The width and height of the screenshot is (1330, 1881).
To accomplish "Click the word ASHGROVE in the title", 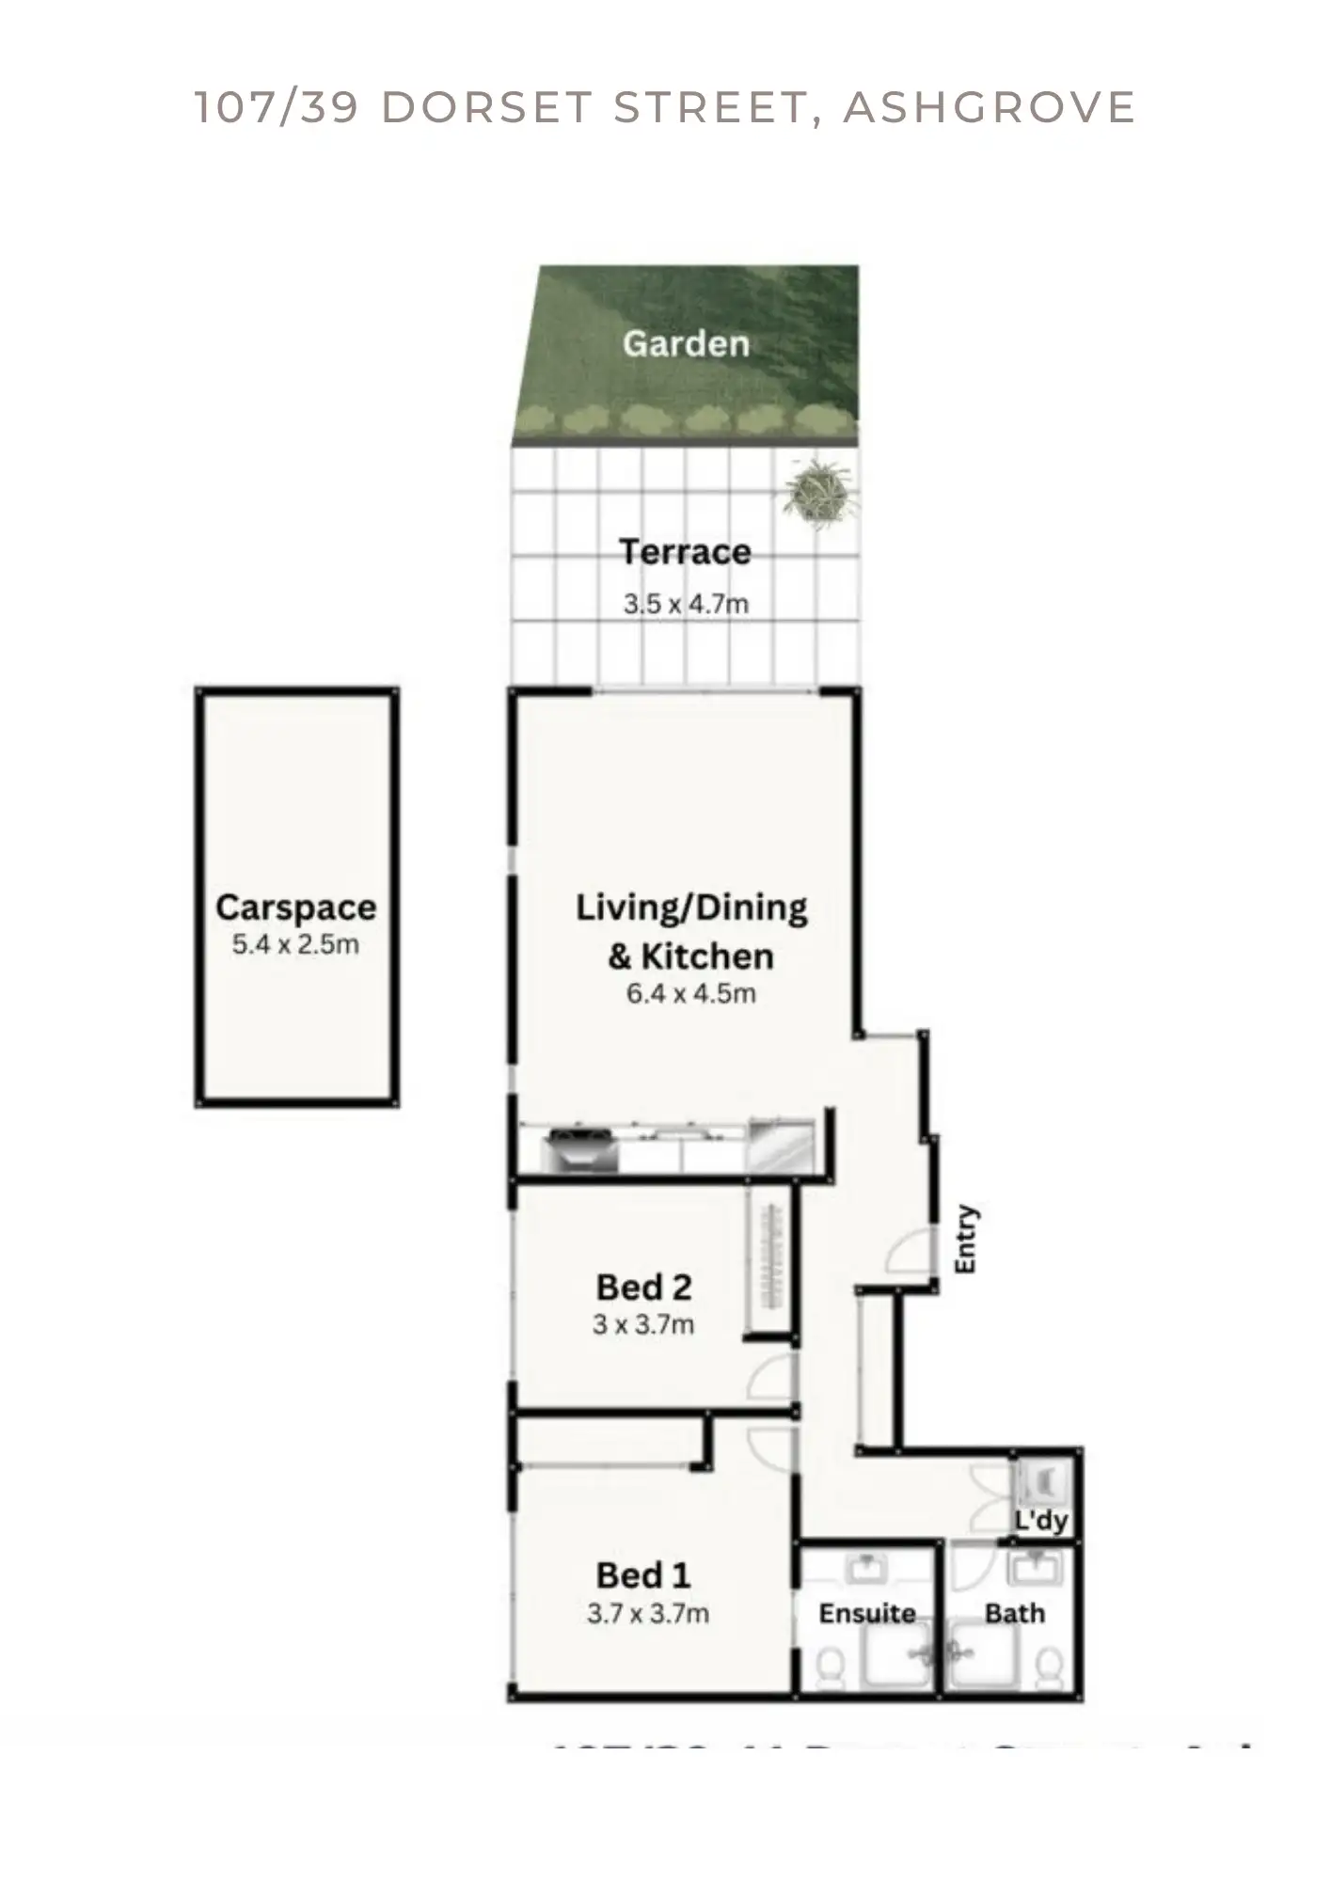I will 990,107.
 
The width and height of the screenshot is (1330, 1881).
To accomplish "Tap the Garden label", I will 686,344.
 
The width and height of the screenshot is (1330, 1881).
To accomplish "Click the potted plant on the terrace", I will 819,490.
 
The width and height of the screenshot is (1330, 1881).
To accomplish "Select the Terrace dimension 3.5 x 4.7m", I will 686,604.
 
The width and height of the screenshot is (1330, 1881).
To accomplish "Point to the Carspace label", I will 295,908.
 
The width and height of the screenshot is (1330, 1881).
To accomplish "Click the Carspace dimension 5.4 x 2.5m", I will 295,944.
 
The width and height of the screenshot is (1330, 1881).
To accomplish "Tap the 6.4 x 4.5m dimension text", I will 691,993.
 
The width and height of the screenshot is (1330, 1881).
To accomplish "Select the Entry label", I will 966,1240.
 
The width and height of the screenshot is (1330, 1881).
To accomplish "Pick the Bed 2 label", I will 644,1287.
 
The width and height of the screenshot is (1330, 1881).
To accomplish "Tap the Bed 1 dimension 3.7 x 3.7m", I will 648,1614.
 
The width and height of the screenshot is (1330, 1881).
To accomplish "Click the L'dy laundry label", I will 1041,1521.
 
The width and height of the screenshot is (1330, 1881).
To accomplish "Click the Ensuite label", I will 867,1614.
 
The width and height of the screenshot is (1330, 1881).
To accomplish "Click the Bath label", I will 1015,1614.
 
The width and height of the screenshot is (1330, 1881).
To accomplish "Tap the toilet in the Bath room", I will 1046,1666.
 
